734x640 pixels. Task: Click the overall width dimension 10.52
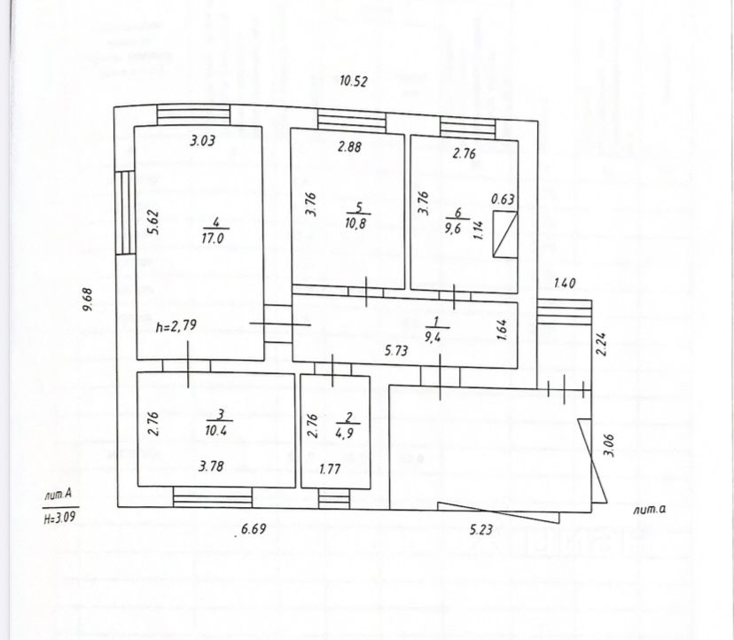(354, 82)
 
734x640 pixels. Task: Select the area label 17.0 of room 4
(212, 237)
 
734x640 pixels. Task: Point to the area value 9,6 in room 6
(457, 225)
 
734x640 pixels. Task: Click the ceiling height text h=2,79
(175, 326)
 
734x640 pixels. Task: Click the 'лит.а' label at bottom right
(649, 509)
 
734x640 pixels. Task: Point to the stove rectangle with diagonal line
(504, 235)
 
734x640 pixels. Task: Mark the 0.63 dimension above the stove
(504, 200)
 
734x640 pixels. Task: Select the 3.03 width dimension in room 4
(204, 139)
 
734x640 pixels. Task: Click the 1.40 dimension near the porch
(564, 285)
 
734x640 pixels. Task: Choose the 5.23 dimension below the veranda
(481, 531)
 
